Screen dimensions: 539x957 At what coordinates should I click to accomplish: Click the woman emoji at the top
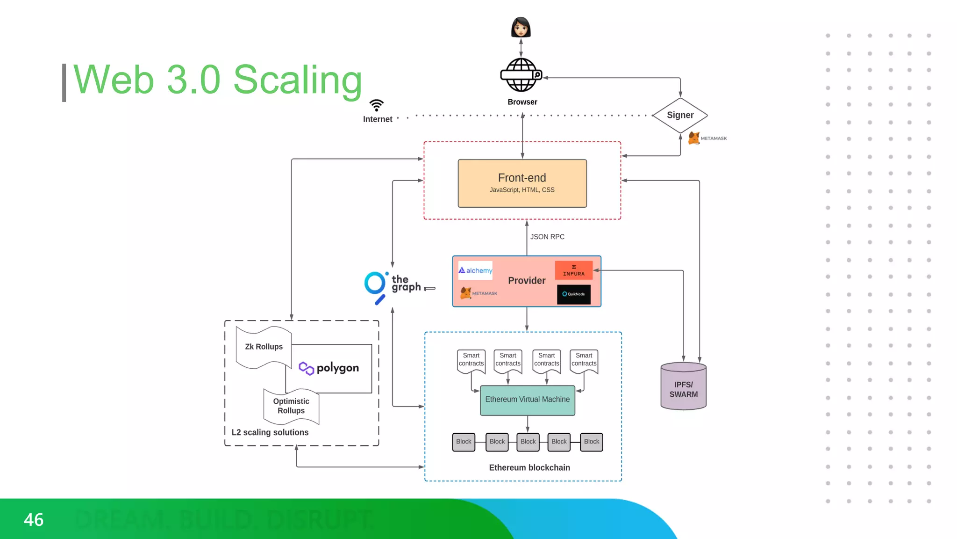tap(521, 27)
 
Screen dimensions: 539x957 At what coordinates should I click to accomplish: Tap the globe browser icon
tap(521, 75)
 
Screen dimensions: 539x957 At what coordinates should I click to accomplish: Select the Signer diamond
tap(680, 115)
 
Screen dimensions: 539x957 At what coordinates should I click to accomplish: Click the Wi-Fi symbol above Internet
tap(376, 105)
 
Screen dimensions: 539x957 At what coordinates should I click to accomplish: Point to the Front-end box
tap(522, 183)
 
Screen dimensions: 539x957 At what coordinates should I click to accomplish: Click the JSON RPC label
tap(547, 237)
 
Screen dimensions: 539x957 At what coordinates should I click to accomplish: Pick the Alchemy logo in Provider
tap(475, 270)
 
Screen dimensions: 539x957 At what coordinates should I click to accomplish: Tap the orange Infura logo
tap(573, 270)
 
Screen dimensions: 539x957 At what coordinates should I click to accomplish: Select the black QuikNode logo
tap(573, 294)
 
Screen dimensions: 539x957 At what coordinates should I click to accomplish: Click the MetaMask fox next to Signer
tap(694, 138)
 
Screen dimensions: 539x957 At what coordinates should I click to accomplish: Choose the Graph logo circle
tap(375, 284)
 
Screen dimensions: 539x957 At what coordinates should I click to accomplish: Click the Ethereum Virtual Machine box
tap(527, 400)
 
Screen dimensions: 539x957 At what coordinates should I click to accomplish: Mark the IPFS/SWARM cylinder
tap(683, 386)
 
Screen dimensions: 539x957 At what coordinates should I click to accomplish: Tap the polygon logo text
tap(337, 368)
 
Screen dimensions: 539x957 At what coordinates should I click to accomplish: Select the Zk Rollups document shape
tap(264, 347)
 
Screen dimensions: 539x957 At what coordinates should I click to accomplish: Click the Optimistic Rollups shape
tap(291, 406)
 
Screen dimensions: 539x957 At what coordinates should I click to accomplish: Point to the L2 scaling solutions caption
tap(270, 432)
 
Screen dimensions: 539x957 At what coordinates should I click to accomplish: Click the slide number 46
tap(34, 520)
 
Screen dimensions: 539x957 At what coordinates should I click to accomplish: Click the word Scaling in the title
tap(297, 80)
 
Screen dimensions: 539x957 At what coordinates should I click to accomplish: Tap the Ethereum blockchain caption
tap(529, 467)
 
